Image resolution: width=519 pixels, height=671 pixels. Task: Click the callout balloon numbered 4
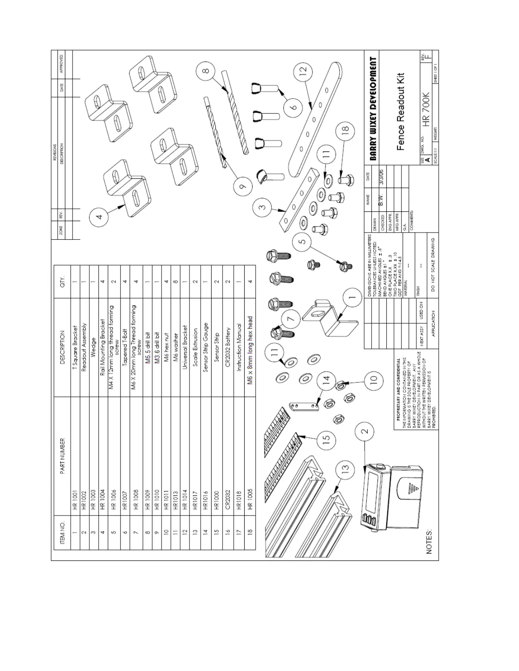[x=99, y=217]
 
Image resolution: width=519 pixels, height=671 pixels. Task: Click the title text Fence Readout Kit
[x=401, y=111]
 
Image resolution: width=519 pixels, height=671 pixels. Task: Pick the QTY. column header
[x=62, y=281]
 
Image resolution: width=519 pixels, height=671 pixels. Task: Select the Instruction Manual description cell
[x=239, y=347]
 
